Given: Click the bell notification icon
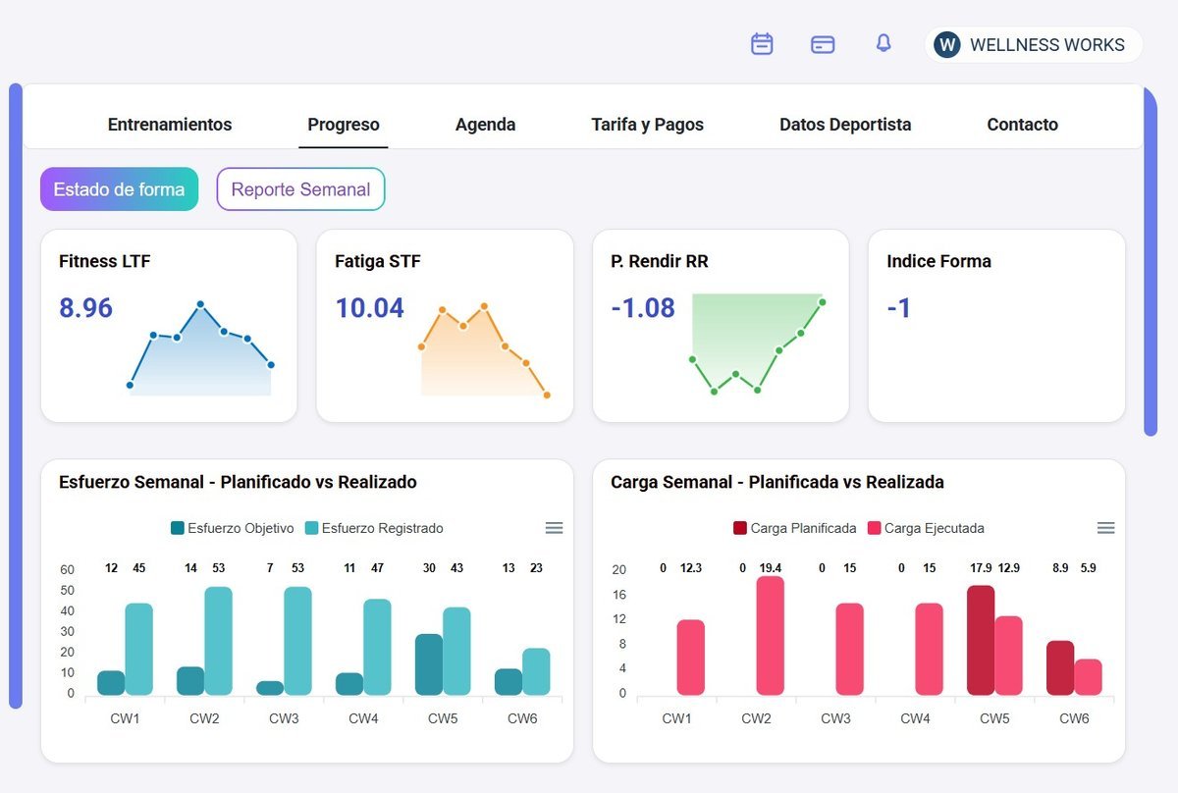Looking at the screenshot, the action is point(883,43).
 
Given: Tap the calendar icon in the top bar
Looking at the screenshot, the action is point(762,43).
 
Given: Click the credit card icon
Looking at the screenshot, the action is point(823,44).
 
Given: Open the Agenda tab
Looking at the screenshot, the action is point(485,124).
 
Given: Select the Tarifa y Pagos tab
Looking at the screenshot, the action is point(647,124).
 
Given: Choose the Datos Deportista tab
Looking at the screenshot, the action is point(845,124).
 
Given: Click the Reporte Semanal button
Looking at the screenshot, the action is point(300,188).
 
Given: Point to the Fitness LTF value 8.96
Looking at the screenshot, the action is point(85,307).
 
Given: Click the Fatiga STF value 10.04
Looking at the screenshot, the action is point(370,307).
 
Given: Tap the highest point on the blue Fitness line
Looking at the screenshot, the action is point(200,304).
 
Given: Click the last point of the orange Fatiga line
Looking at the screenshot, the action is point(547,395).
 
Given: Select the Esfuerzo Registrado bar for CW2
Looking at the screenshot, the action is point(218,641).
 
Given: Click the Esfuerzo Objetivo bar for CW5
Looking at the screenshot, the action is point(429,664).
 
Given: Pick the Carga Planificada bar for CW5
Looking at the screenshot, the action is point(981,640).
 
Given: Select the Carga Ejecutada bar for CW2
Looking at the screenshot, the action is point(770,635).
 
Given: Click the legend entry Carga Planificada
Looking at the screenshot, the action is point(794,528).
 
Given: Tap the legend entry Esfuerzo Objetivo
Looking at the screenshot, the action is point(233,528).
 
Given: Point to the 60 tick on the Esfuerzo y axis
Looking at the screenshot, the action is point(68,569).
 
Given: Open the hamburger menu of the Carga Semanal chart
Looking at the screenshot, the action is point(1105,527).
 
